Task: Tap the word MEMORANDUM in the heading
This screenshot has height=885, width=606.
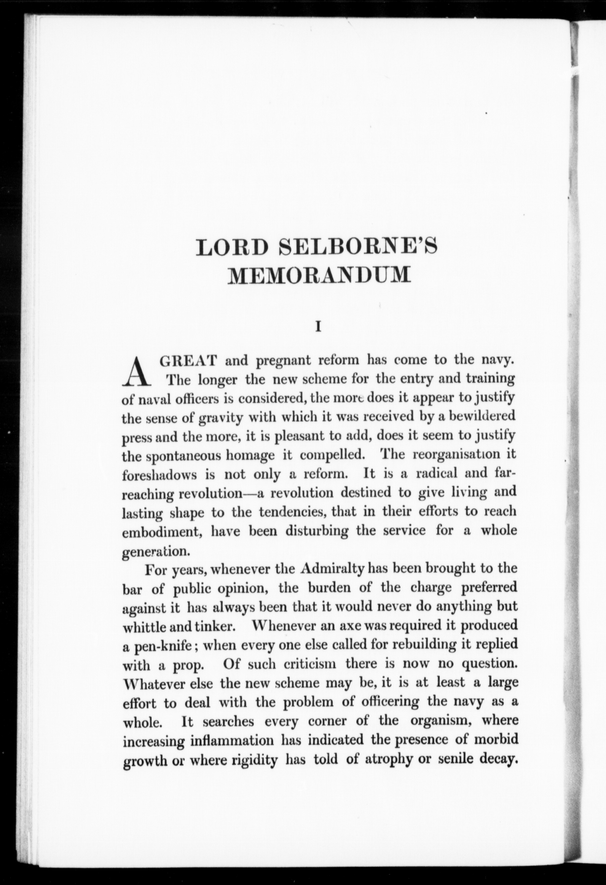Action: pos(319,274)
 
